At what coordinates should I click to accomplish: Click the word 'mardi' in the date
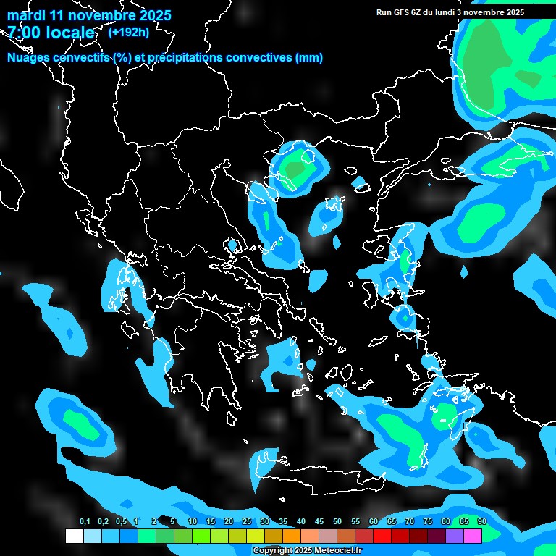tap(27, 15)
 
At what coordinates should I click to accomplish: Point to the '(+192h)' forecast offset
tap(129, 32)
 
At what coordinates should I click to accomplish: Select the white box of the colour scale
tap(74, 536)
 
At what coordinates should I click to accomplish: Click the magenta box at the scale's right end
tap(473, 536)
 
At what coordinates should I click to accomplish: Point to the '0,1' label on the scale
tap(85, 522)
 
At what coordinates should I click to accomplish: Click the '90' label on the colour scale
tap(481, 522)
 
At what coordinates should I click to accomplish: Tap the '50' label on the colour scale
tap(337, 522)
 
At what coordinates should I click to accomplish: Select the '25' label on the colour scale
tap(247, 522)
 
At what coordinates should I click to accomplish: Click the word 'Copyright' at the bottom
tap(273, 551)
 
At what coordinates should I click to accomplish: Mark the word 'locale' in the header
tap(68, 33)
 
